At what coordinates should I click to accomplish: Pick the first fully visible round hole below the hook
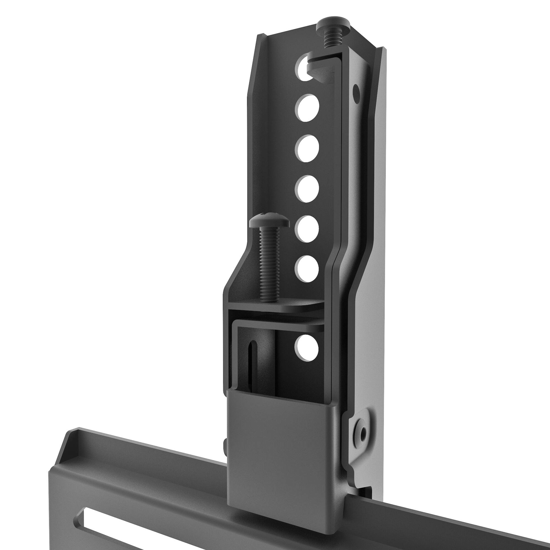307,108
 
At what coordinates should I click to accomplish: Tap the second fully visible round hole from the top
307,148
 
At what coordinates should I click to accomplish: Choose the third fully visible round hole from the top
307,189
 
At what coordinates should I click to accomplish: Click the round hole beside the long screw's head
307,229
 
